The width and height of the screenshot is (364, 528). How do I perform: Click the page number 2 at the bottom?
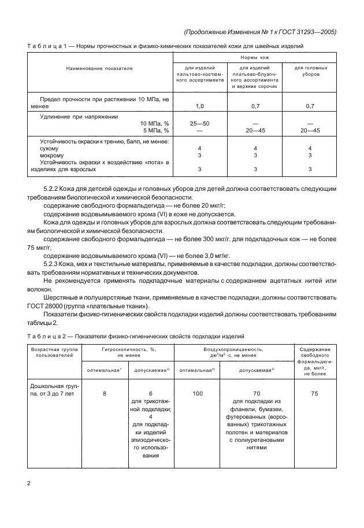[x=29, y=482]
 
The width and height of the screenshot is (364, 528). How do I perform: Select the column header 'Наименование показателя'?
[x=99, y=68]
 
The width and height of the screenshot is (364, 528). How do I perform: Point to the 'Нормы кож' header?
[x=255, y=58]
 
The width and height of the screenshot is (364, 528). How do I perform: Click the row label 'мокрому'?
[x=53, y=155]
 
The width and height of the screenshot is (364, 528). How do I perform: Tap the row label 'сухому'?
[x=50, y=148]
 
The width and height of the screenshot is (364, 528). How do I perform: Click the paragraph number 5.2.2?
[x=53, y=189]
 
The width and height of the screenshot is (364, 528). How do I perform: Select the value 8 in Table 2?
[x=105, y=393]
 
